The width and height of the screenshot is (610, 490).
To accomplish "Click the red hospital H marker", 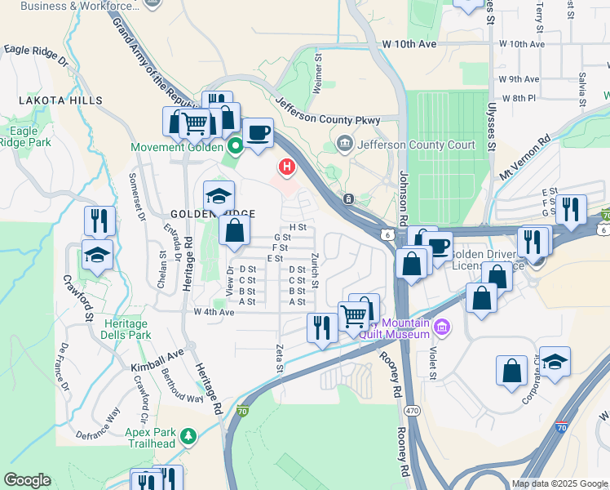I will [x=286, y=168].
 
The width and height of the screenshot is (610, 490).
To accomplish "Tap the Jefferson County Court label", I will [x=405, y=145].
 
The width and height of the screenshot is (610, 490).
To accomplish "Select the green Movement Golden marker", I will [x=236, y=147].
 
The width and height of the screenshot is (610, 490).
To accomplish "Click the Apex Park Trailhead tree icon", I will [x=189, y=437].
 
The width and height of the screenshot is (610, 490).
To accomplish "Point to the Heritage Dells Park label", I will [x=126, y=329].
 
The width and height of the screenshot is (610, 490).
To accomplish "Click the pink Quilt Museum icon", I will [x=442, y=328].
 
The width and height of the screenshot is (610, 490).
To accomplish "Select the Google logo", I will [x=27, y=480].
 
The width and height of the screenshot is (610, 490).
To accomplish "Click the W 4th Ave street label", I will [x=214, y=313].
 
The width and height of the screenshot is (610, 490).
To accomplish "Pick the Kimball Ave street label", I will [x=158, y=356].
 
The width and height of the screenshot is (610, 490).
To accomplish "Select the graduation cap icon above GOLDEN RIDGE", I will [x=219, y=195].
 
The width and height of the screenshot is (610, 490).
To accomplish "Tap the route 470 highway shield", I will [x=414, y=412].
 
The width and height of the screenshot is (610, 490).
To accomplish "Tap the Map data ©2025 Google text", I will [x=560, y=483].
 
